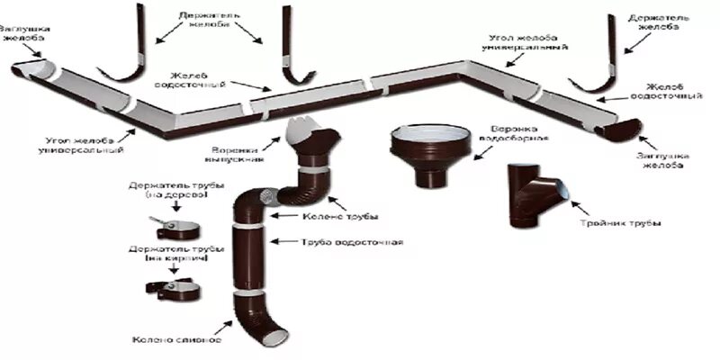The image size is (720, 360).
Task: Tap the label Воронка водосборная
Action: (516, 132)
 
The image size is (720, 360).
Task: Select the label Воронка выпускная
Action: (238, 154)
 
